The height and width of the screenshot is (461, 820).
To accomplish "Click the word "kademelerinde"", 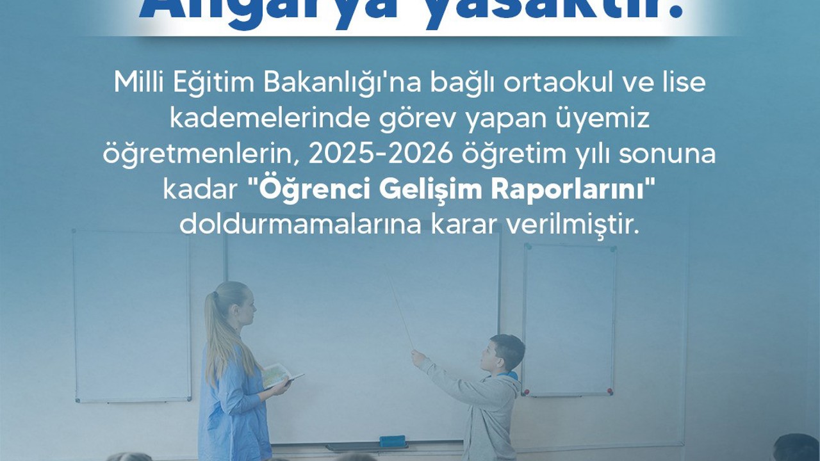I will coord(242,120).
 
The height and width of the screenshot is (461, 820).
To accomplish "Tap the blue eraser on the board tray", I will coord(392,441).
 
